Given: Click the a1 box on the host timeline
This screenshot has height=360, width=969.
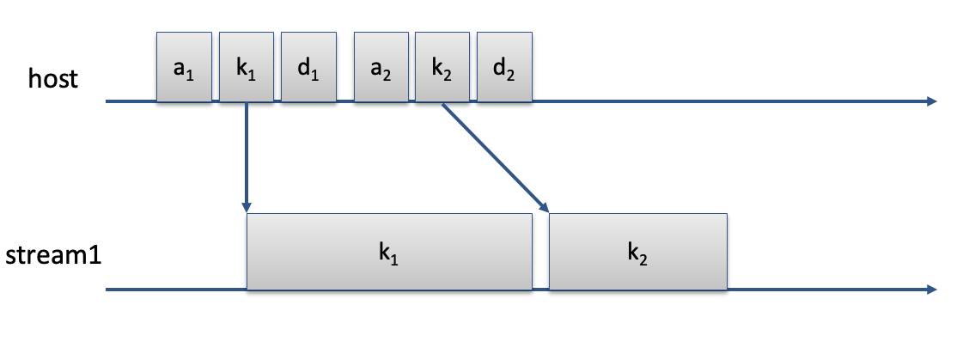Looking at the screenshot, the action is pyautogui.click(x=184, y=67).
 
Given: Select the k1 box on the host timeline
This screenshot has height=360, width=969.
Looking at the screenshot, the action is pyautogui.click(x=247, y=67).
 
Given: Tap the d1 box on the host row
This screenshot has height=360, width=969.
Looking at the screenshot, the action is pyautogui.click(x=308, y=67).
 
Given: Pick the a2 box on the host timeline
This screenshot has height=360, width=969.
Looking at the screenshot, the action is pyautogui.click(x=381, y=67).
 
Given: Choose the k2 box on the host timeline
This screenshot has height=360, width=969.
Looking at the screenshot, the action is pyautogui.click(x=442, y=67).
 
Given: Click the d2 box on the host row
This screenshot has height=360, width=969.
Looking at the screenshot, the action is pyautogui.click(x=504, y=67).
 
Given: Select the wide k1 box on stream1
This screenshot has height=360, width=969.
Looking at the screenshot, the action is pyautogui.click(x=389, y=251).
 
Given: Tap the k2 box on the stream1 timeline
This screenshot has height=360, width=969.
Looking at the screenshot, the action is pyautogui.click(x=637, y=251).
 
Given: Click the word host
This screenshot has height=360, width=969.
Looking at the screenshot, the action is pyautogui.click(x=53, y=79).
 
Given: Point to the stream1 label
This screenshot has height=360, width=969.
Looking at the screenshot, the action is pyautogui.click(x=53, y=255).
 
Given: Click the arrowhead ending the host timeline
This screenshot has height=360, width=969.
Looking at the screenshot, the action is pyautogui.click(x=933, y=101).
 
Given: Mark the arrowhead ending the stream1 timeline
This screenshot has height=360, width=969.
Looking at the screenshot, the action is pyautogui.click(x=933, y=289).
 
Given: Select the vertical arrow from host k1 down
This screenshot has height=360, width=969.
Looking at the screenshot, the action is pyautogui.click(x=247, y=157).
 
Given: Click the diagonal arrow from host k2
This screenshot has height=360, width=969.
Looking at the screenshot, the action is pyautogui.click(x=496, y=157).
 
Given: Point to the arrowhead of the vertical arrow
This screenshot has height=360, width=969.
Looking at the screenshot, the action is pyautogui.click(x=247, y=207).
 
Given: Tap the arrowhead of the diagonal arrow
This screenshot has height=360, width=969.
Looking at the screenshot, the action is pyautogui.click(x=545, y=207).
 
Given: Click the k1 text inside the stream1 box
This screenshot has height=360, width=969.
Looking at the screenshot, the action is pyautogui.click(x=388, y=254).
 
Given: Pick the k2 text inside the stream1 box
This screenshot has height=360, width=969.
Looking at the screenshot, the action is pyautogui.click(x=637, y=254).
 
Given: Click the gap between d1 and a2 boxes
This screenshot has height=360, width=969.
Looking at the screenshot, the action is pyautogui.click(x=344, y=67).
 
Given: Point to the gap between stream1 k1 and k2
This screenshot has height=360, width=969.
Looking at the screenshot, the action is pyautogui.click(x=540, y=251).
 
